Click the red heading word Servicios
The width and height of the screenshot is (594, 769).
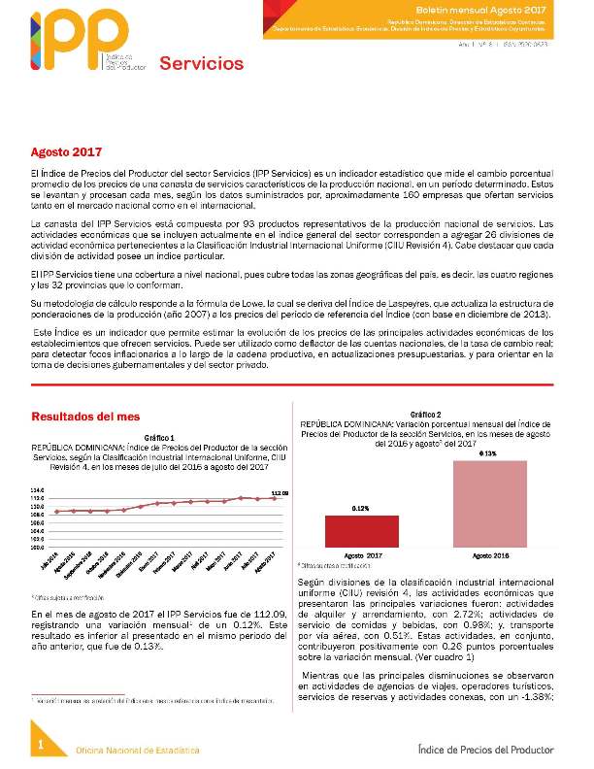coord(201,64)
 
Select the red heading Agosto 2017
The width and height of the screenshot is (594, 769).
coord(66,153)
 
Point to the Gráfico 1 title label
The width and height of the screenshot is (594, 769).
coord(158,437)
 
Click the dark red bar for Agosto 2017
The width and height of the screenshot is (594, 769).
coord(361,532)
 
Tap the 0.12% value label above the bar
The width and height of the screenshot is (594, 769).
coord(361,508)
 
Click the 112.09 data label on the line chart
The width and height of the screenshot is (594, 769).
coord(280,492)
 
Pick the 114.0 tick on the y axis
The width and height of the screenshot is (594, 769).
coord(37,490)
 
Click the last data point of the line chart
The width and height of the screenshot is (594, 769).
coord(272,498)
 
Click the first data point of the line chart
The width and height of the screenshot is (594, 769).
coord(57,511)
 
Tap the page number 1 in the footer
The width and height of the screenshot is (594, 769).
coord(42,744)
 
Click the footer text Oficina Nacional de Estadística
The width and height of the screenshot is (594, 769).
coord(138,752)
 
